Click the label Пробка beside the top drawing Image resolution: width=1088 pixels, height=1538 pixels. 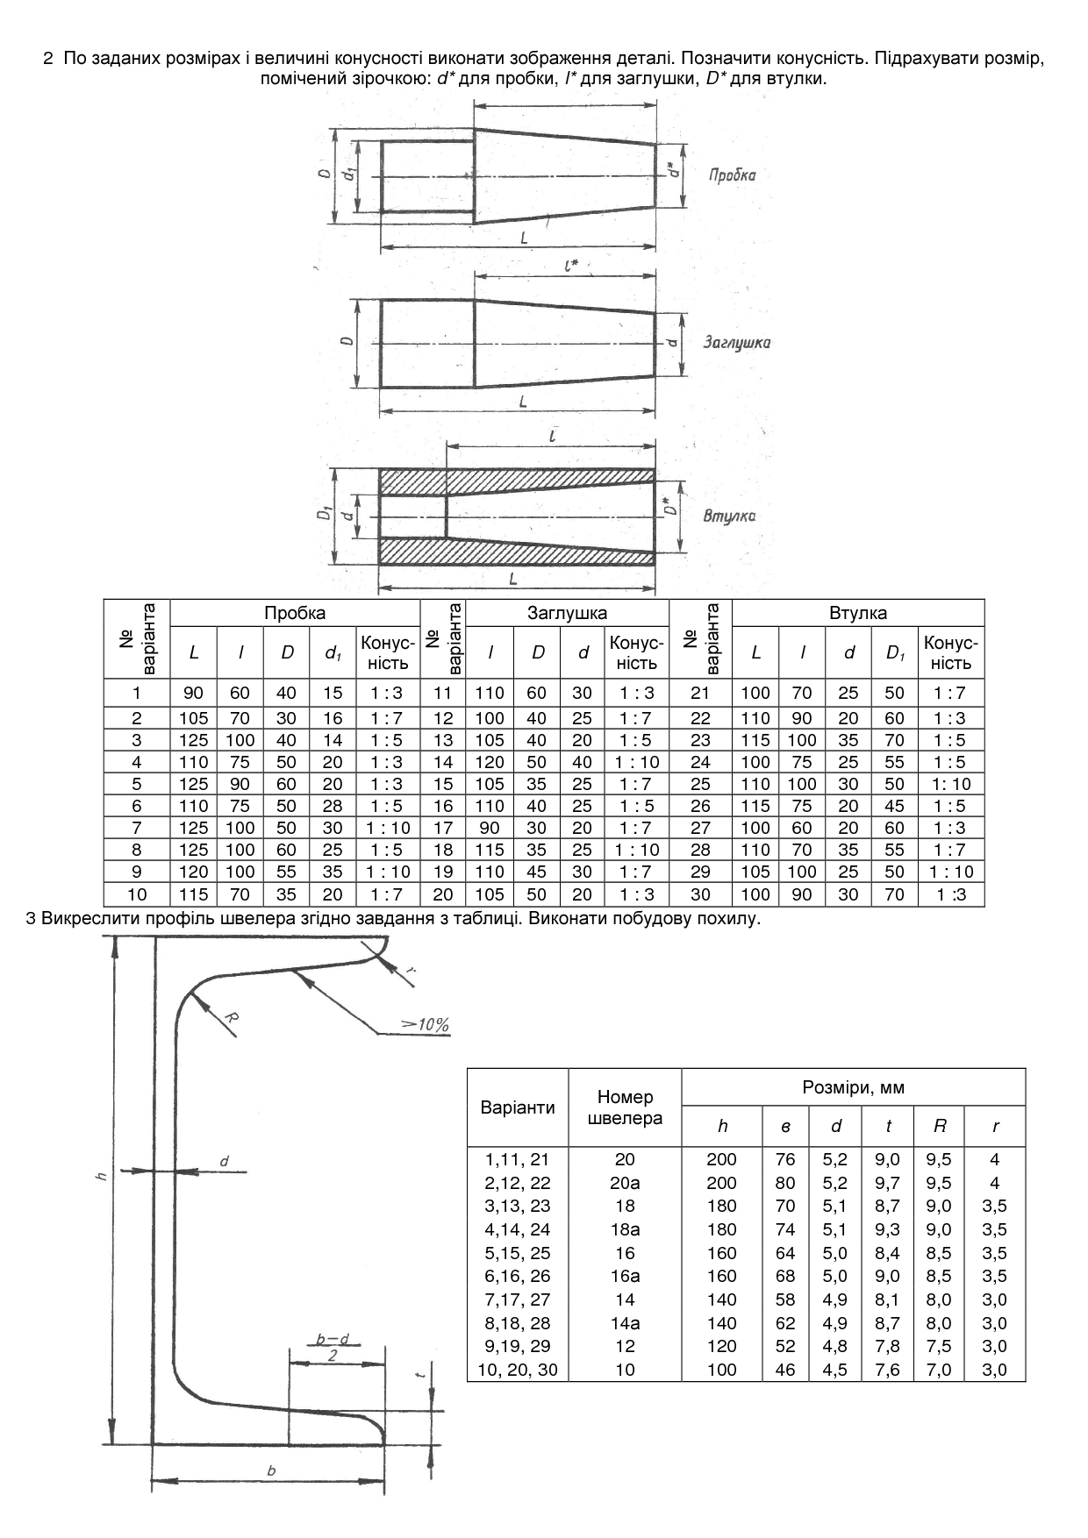coord(732,174)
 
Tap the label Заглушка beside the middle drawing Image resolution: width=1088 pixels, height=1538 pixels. coord(737,342)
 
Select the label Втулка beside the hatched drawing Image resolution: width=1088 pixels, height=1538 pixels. coord(729,516)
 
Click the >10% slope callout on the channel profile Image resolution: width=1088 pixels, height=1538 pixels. coord(425,1024)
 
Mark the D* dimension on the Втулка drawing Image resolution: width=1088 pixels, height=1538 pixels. coord(669,506)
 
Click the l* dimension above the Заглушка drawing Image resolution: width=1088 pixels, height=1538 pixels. coord(571,263)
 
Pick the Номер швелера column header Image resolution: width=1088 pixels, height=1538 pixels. coord(625,1107)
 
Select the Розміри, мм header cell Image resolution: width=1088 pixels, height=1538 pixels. coord(853,1087)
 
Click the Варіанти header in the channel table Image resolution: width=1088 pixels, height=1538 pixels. coord(518,1107)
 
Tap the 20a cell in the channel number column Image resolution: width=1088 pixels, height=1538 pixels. coord(625,1183)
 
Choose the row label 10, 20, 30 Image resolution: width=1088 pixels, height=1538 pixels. coord(518,1370)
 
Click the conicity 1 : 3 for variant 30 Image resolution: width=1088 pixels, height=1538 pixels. coord(951,894)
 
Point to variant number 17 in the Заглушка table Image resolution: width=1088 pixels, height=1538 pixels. coord(443,828)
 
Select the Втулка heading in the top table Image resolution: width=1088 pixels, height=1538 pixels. coord(858,614)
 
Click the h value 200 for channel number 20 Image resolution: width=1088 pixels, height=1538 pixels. coord(721,1159)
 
